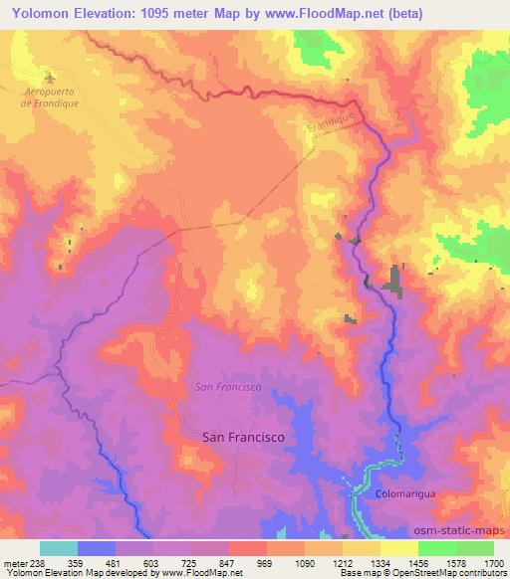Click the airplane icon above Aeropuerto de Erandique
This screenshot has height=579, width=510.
(x=51, y=77)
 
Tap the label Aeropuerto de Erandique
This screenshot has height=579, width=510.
(x=49, y=98)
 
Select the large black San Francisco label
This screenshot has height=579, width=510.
(x=243, y=437)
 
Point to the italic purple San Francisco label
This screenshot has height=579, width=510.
(x=227, y=386)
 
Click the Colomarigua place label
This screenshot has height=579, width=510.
(x=406, y=492)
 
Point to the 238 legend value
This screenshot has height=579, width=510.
(x=39, y=562)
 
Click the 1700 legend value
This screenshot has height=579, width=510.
(x=494, y=562)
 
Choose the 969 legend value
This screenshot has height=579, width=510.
(x=266, y=562)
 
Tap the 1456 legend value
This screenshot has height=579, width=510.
(x=418, y=562)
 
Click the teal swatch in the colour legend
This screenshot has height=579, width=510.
(x=59, y=548)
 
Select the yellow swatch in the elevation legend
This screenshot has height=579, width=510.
(x=398, y=548)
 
